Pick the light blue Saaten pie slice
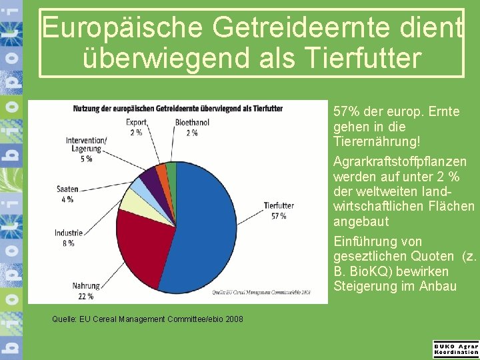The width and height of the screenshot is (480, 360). (143, 186)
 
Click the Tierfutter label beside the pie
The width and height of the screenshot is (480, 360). (279, 206)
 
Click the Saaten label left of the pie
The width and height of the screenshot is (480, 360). (67, 190)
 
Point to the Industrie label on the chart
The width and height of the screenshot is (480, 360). (68, 233)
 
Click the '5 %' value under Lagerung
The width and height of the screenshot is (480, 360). (87, 159)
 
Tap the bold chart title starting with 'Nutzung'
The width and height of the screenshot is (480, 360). (178, 109)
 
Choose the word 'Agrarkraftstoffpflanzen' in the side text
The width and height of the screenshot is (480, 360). (399, 162)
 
